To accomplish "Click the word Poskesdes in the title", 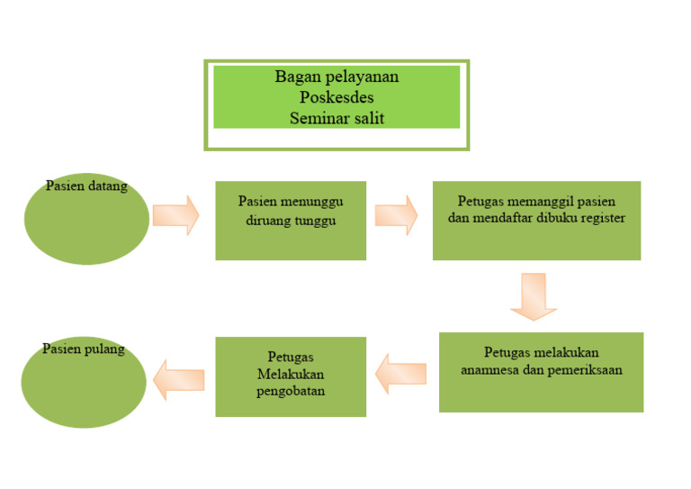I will click(x=337, y=97).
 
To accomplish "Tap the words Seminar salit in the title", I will click(x=337, y=117).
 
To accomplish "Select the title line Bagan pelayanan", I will click(x=337, y=77).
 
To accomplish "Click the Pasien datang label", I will click(x=86, y=186).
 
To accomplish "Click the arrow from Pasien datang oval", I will click(x=175, y=215).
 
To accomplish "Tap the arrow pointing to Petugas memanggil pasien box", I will click(x=396, y=215).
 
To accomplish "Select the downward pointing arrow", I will click(x=534, y=296).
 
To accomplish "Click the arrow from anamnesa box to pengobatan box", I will click(x=401, y=373).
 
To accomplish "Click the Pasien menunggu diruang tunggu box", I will click(x=291, y=221).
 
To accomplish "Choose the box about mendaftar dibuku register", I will click(x=536, y=221).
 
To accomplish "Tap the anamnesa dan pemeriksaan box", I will click(x=541, y=372).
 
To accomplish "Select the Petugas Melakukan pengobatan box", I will click(x=291, y=376).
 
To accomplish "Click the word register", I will click(x=600, y=218).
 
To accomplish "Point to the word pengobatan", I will click(x=291, y=392).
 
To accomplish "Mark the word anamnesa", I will click(x=490, y=369).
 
